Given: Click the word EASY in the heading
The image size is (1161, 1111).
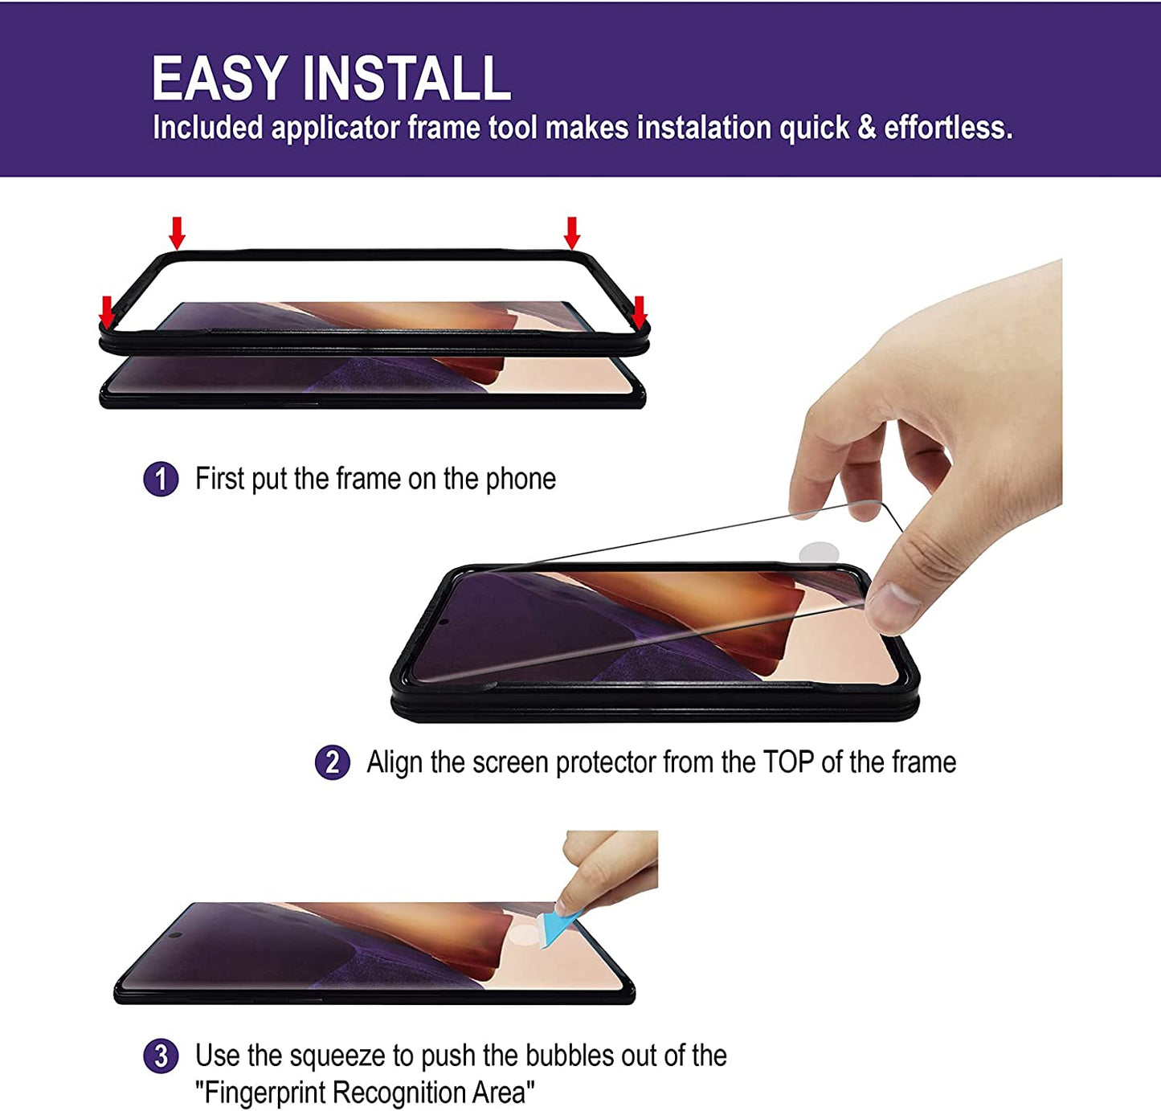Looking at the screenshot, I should pyautogui.click(x=219, y=79).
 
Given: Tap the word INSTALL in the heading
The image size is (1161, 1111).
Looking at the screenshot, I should pyautogui.click(x=407, y=79).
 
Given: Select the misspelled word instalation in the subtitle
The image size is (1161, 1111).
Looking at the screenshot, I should pyautogui.click(x=704, y=129).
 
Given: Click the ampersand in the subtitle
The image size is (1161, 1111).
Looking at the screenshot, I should pyautogui.click(x=866, y=129).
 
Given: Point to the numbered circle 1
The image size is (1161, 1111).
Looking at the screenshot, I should pyautogui.click(x=161, y=480).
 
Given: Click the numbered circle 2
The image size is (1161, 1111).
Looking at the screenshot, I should pyautogui.click(x=332, y=762).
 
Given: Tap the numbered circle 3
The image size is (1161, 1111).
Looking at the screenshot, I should pyautogui.click(x=161, y=1056).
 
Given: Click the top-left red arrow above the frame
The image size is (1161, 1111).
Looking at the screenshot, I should pyautogui.click(x=177, y=233).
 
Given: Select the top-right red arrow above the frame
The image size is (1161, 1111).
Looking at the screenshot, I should pyautogui.click(x=571, y=233).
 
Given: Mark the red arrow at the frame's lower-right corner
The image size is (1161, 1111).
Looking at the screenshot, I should pyautogui.click(x=639, y=312).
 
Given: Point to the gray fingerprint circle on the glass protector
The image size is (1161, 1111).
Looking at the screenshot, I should pyautogui.click(x=819, y=553).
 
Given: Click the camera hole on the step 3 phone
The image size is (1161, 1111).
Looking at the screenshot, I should pyautogui.click(x=174, y=936).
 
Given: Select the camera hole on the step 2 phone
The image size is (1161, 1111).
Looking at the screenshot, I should pyautogui.click(x=443, y=621).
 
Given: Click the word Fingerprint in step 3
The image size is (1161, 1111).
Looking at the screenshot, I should pyautogui.click(x=265, y=1093).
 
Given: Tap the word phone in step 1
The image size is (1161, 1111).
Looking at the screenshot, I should pyautogui.click(x=521, y=480).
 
